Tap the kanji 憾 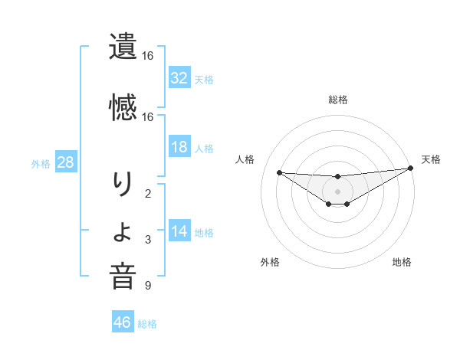click(123, 106)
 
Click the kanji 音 click(123, 277)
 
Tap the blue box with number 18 click(179, 147)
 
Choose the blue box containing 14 click(179, 231)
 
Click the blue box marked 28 click(65, 162)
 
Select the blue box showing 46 click(123, 322)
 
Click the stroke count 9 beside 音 click(148, 286)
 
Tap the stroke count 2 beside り click(148, 193)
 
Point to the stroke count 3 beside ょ click(148, 240)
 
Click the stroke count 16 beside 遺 click(148, 56)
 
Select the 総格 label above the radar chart click(337, 100)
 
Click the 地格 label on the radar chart click(402, 262)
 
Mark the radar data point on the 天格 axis click(411, 168)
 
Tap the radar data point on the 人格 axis click(279, 172)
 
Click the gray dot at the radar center click(337, 190)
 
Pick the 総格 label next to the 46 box click(147, 323)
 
